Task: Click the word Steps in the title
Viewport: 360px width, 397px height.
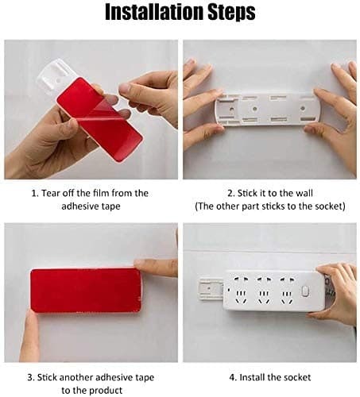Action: pos(229,13)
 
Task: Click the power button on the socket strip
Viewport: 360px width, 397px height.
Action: pos(305,291)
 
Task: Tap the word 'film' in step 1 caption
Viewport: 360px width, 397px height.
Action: pos(99,193)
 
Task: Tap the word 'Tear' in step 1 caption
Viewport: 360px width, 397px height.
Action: pos(52,193)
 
